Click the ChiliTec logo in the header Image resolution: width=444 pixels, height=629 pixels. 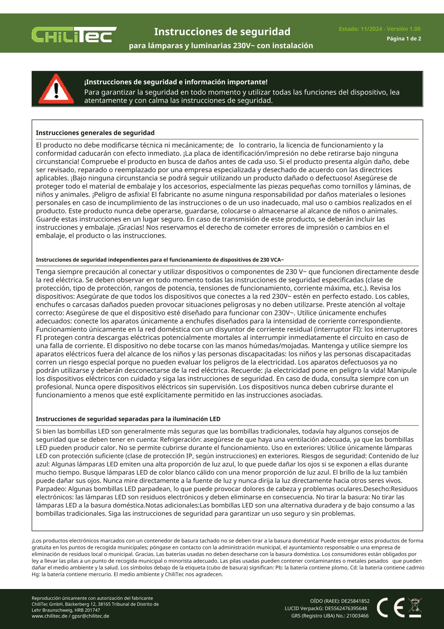point(74,35)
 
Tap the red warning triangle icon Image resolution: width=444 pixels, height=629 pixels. point(56,89)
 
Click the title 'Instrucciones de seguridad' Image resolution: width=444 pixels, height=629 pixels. point(222,32)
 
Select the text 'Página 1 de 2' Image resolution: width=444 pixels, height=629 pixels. point(404,38)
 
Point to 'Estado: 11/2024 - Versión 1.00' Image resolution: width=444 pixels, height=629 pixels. point(379,29)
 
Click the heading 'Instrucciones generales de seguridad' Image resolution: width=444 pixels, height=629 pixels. point(95,133)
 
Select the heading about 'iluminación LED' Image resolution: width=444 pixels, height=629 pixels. point(128,419)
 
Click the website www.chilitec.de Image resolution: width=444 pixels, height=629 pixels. point(49,616)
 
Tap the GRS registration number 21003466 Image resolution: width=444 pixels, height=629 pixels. point(357,616)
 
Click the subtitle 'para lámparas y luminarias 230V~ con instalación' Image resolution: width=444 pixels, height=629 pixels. point(221,46)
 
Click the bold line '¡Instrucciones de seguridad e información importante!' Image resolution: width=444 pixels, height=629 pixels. point(176,82)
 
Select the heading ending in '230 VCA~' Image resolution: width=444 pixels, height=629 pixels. point(160,260)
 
